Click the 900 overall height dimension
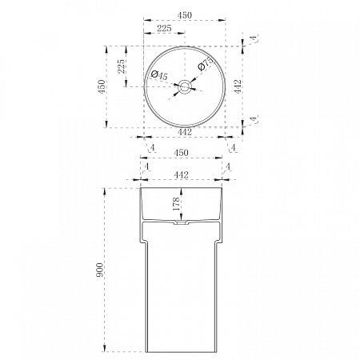100,270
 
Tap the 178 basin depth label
176,204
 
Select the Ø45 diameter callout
159,75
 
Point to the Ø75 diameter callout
206,64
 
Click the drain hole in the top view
185,86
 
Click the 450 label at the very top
185,15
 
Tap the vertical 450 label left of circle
102,86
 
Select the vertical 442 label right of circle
238,86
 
